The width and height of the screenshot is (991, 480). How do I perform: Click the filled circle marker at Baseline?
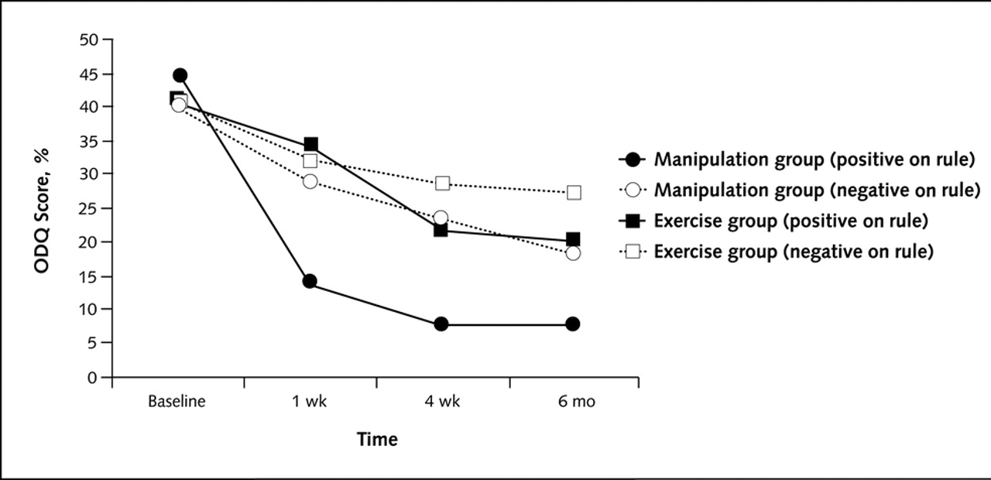pyautogui.click(x=180, y=75)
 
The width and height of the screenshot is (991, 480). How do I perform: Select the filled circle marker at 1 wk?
pyautogui.click(x=310, y=281)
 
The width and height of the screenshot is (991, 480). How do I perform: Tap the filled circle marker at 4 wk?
pyautogui.click(x=441, y=324)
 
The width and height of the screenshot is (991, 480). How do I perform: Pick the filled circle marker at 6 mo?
pyautogui.click(x=573, y=324)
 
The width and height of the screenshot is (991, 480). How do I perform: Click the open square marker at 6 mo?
pyautogui.click(x=574, y=192)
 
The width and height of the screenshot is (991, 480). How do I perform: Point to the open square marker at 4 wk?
pyautogui.click(x=442, y=183)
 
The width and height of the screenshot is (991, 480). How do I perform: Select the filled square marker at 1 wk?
pyautogui.click(x=310, y=144)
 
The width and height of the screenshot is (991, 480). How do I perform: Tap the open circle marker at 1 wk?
pyautogui.click(x=310, y=182)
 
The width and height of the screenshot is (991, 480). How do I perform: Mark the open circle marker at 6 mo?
pyautogui.click(x=573, y=253)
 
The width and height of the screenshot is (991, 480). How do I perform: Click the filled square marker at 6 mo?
pyautogui.click(x=573, y=239)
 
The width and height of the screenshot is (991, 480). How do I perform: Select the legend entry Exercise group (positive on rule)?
pyautogui.click(x=790, y=221)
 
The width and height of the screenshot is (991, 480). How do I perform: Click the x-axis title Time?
pyautogui.click(x=377, y=440)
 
